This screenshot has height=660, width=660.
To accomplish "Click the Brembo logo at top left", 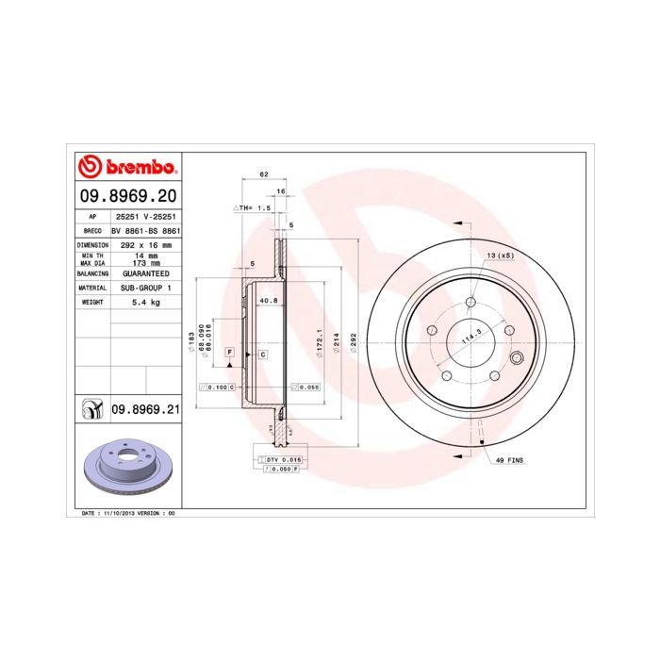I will point(127,168).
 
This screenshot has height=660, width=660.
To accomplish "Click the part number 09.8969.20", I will point(127,196).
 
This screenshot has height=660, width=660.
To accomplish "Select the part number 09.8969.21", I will point(145,408).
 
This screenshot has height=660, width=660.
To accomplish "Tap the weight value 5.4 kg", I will point(145,302).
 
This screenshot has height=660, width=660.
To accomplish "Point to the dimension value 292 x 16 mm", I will point(145,243).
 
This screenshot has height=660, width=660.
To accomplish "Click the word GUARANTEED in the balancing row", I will point(145,272).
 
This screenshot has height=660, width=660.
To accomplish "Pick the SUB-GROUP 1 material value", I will point(145,287).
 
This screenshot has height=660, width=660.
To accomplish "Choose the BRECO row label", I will point(92,229).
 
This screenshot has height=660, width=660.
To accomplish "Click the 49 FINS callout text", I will point(509,461).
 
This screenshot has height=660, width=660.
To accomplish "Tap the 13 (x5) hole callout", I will point(500,256).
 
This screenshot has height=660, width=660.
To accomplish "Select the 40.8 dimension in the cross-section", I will point(268,301).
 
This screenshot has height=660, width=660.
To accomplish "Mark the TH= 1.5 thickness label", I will point(252,206).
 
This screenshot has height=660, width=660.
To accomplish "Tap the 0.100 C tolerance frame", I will point(217,387).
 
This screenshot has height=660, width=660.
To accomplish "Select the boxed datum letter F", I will point(228,351).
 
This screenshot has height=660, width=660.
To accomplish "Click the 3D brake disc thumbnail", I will point(127,468).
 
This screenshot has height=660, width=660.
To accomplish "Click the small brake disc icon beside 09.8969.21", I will point(91,409).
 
